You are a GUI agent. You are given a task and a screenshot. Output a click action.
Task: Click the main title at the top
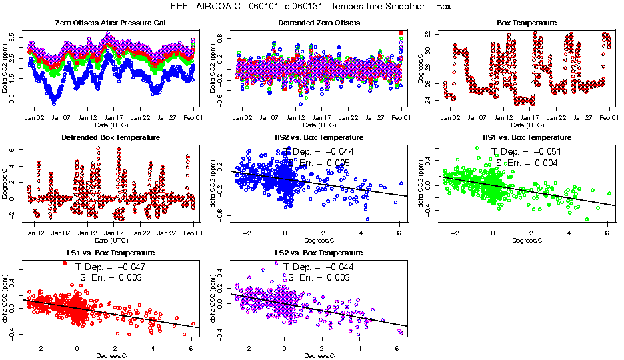(x=311, y=7)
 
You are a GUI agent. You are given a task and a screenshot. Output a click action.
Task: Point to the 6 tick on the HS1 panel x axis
(x=607, y=233)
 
